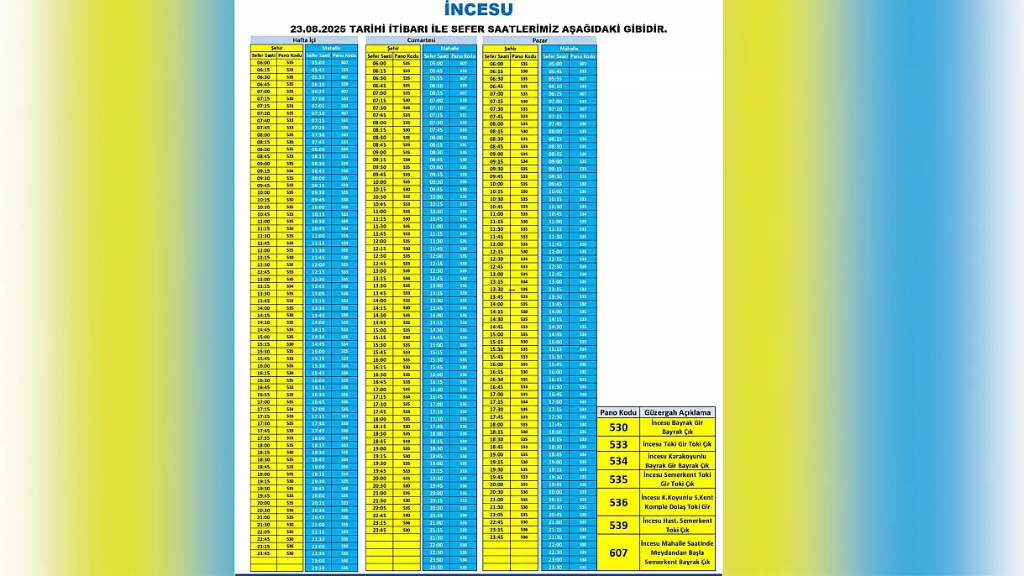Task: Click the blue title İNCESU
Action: tap(478, 11)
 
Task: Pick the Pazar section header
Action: tap(539, 40)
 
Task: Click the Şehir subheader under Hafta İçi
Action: tap(276, 48)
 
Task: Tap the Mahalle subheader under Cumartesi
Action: tap(449, 49)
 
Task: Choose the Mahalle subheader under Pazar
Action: tap(569, 49)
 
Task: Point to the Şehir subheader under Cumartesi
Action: tap(392, 49)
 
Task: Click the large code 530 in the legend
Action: tap(618, 427)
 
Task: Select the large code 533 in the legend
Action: tap(618, 445)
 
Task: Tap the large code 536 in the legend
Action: tap(618, 502)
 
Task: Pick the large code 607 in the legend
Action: tap(618, 552)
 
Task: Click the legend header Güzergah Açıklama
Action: tap(677, 412)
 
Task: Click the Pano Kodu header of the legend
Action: tap(618, 412)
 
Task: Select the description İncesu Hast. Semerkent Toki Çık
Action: tap(677, 526)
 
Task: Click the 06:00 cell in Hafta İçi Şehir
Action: tap(263, 63)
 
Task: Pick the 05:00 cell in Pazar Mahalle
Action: tap(554, 64)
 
